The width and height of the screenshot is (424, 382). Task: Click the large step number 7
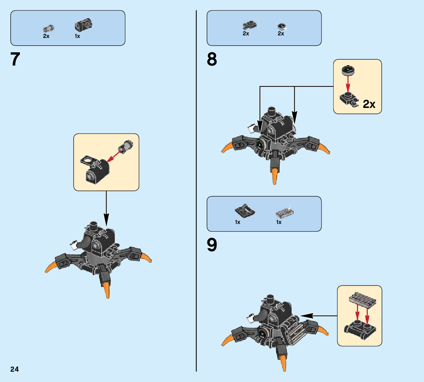click(x=15, y=59)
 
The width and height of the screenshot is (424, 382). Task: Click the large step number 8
click(x=212, y=59)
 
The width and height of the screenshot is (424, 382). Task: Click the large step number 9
click(x=212, y=245)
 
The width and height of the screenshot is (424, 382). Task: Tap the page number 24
click(x=14, y=369)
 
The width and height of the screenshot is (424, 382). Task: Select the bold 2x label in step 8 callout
click(x=369, y=104)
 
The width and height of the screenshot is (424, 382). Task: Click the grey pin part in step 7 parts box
click(x=48, y=28)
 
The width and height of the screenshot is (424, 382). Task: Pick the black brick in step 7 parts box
click(x=83, y=25)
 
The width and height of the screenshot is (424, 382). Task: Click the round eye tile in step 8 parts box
click(x=281, y=26)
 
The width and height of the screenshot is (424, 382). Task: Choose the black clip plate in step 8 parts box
click(x=249, y=25)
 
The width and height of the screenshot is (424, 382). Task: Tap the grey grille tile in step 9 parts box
click(x=284, y=213)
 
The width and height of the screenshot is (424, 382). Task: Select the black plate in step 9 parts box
click(x=244, y=211)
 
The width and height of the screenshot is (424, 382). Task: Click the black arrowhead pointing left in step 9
click(x=307, y=316)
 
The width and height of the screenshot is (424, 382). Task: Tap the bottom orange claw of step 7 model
click(x=107, y=289)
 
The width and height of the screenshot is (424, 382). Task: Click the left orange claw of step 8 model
click(x=227, y=148)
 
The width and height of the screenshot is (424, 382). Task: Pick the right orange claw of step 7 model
click(x=146, y=257)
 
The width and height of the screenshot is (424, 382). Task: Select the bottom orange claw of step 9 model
click(x=283, y=362)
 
